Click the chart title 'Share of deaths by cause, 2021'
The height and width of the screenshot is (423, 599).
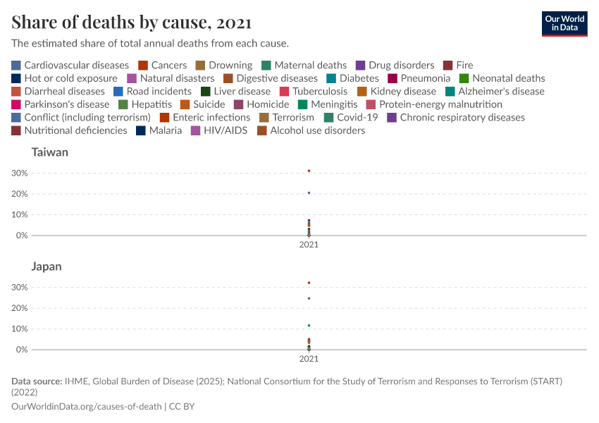[x=132, y=23]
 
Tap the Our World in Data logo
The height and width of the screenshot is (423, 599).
[x=564, y=23]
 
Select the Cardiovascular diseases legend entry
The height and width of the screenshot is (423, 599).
[x=70, y=65]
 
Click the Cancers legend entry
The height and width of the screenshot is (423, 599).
[x=163, y=65]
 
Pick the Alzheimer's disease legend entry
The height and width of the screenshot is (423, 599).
[x=495, y=91]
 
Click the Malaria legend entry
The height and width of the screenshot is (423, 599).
[x=159, y=130]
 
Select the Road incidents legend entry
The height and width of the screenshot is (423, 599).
[x=152, y=91]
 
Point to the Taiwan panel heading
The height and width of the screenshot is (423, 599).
[x=49, y=152]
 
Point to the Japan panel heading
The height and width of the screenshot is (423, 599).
[x=47, y=266]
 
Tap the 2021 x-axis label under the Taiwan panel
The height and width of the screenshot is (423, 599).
[x=309, y=245]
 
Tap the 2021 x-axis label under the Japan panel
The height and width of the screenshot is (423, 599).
[x=309, y=359]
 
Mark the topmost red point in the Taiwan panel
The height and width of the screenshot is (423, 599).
[x=309, y=171]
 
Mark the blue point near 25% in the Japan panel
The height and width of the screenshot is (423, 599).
[x=309, y=298]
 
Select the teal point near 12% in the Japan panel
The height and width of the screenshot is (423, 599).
[x=309, y=325]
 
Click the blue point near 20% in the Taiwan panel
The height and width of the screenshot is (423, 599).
[x=309, y=192]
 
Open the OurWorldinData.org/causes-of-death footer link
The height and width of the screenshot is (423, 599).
[x=87, y=407]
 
